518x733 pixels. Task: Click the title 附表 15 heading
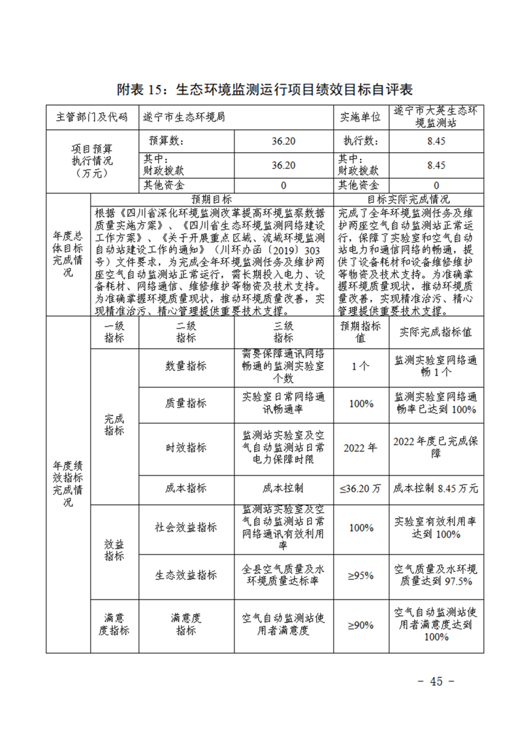[265, 90]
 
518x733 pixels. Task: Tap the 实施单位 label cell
[360, 118]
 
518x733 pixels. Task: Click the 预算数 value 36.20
[283, 141]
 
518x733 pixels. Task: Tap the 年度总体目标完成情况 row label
[68, 255]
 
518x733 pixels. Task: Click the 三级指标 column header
[283, 332]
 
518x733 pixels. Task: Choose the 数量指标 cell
[186, 366]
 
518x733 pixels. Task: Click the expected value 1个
[360, 366]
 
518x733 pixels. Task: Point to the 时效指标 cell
[186, 448]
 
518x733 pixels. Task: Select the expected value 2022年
[360, 448]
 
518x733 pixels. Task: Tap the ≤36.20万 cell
[360, 488]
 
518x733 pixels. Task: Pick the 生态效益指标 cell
[186, 575]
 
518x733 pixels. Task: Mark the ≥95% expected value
[360, 575]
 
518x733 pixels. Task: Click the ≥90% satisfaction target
[360, 625]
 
